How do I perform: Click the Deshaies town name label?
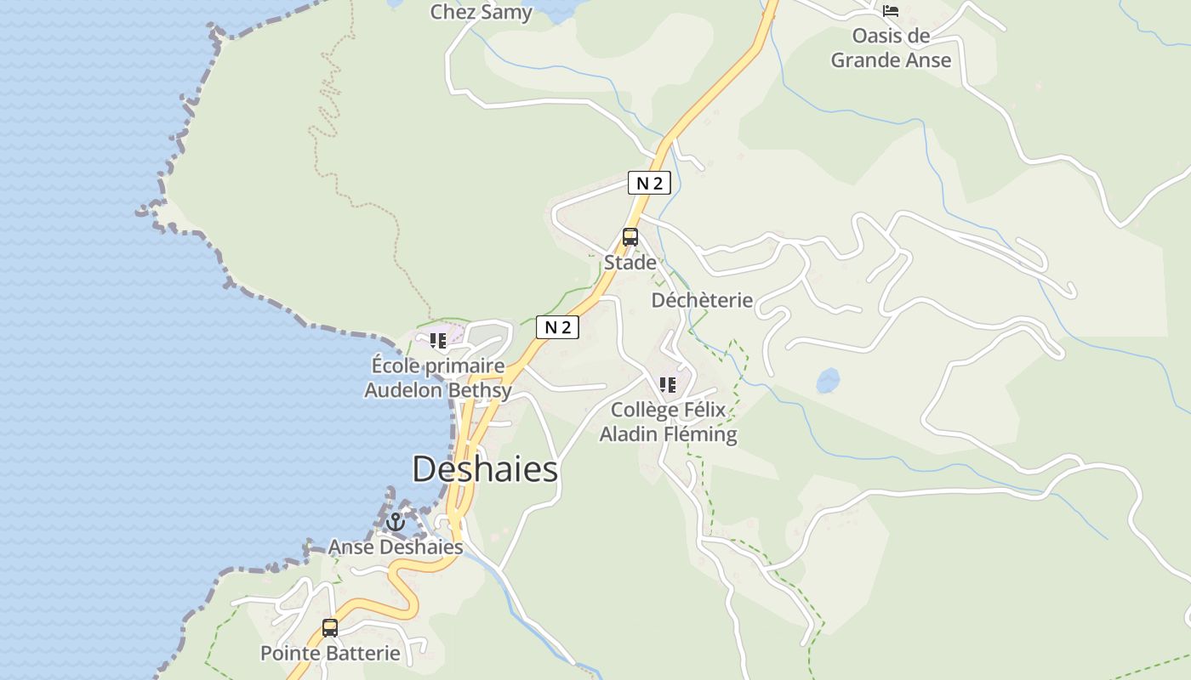pyautogui.click(x=485, y=469)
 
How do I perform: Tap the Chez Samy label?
pyautogui.click(x=481, y=12)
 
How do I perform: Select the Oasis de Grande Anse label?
pyautogui.click(x=891, y=48)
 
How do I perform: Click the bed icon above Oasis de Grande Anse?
pyautogui.click(x=891, y=11)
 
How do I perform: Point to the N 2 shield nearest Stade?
pyautogui.click(x=649, y=183)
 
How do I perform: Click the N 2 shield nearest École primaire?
pyautogui.click(x=557, y=327)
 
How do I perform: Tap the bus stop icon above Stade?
pyautogui.click(x=630, y=237)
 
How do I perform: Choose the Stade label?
pyautogui.click(x=630, y=263)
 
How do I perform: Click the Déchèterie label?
pyautogui.click(x=702, y=300)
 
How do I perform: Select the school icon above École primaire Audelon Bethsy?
pyautogui.click(x=438, y=342)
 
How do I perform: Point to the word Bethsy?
pyautogui.click(x=481, y=391)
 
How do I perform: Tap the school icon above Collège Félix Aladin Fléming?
pyautogui.click(x=668, y=385)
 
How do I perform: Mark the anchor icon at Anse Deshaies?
pyautogui.click(x=396, y=522)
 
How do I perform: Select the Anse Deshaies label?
pyautogui.click(x=396, y=547)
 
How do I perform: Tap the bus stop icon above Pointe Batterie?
pyautogui.click(x=330, y=628)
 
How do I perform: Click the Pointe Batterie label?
pyautogui.click(x=330, y=654)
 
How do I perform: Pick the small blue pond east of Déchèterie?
pyautogui.click(x=828, y=380)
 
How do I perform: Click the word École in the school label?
pyautogui.click(x=396, y=366)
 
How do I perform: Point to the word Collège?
pyautogui.click(x=646, y=411)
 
